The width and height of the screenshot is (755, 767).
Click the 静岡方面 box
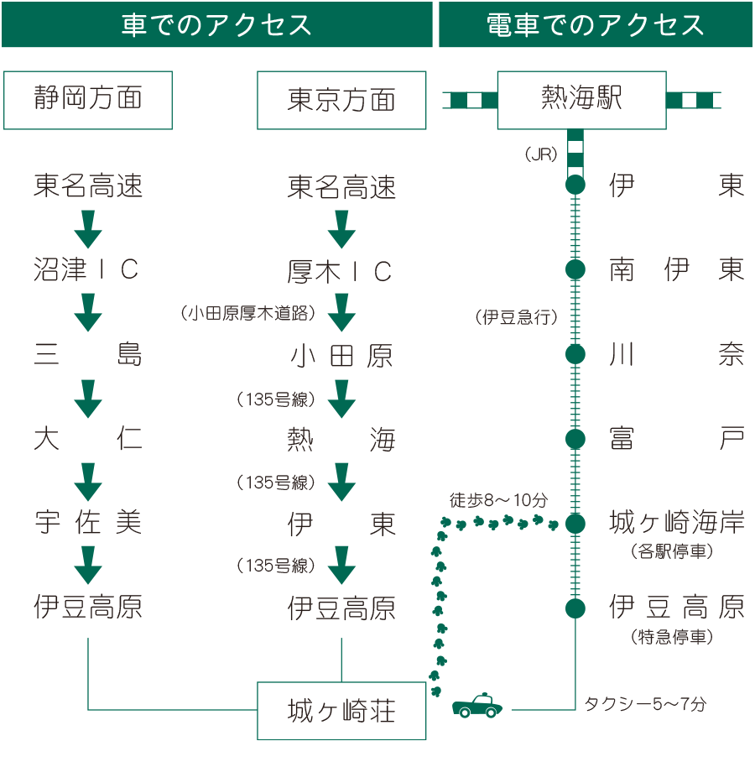(x=88, y=100)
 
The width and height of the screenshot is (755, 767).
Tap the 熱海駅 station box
(x=582, y=100)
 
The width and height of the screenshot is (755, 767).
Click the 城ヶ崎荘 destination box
(x=341, y=712)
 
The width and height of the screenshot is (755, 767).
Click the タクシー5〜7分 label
(x=644, y=704)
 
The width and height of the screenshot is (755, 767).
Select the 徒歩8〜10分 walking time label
(x=498, y=501)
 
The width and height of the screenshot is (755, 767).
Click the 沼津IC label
(x=87, y=269)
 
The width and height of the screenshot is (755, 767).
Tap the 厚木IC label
(x=341, y=271)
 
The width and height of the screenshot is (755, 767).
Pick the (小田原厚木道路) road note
(x=247, y=313)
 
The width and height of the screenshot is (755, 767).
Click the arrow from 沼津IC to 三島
(x=87, y=311)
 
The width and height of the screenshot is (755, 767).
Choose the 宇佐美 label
(x=87, y=523)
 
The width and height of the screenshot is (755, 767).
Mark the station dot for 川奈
(x=575, y=354)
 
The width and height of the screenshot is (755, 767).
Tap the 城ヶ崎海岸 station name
(x=676, y=524)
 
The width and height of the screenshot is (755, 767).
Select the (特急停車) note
(x=671, y=638)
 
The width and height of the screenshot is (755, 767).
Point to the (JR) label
(x=540, y=154)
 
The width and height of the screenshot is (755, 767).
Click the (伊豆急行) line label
(x=517, y=317)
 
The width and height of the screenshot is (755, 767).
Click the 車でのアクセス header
(x=216, y=24)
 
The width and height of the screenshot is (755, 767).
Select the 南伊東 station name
(x=676, y=269)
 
